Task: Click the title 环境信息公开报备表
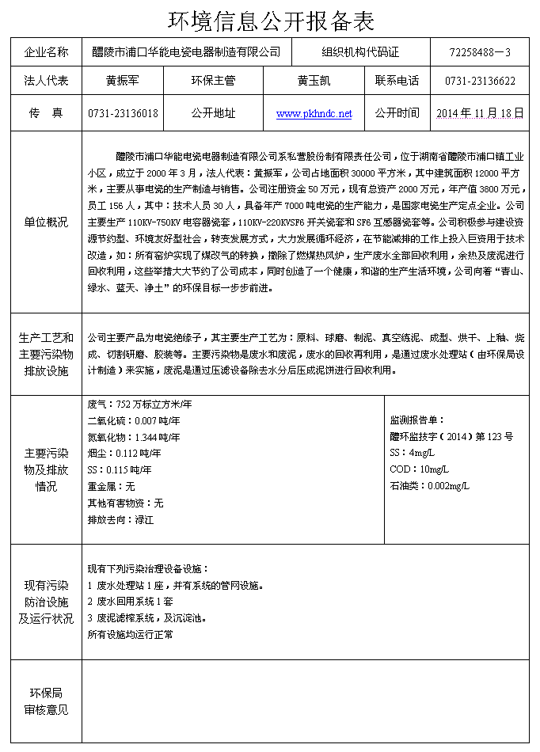(x=270, y=20)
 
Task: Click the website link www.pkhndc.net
(x=314, y=114)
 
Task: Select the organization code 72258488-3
(x=479, y=52)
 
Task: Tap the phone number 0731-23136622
(x=480, y=81)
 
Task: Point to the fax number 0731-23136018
(x=123, y=113)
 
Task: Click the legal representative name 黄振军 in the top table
(x=123, y=81)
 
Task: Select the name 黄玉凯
(x=314, y=81)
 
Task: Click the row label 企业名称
(x=47, y=52)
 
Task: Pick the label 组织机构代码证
(x=360, y=52)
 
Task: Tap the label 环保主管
(x=213, y=81)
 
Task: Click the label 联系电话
(x=397, y=81)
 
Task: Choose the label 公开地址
(x=213, y=113)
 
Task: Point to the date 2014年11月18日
(x=480, y=113)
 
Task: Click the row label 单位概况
(x=47, y=222)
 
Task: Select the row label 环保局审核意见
(x=47, y=701)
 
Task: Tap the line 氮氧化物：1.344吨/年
(x=134, y=437)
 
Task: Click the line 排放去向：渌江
(x=120, y=520)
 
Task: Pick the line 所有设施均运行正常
(x=130, y=634)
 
